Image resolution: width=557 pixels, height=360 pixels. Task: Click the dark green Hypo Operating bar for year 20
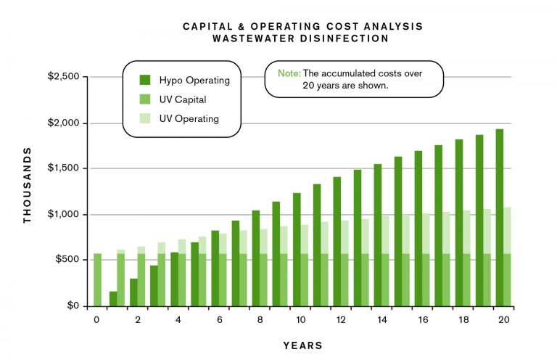pos(499,217)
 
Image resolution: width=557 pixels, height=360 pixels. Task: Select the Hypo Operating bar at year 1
pos(112,298)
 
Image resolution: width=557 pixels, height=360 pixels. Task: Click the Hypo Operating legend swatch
pos(145,80)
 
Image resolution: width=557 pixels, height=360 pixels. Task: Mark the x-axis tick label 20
pos(502,319)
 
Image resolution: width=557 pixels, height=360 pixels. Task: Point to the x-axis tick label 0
pos(95,319)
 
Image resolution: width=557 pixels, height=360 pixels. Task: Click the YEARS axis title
pos(303,345)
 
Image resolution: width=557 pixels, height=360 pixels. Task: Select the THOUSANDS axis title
pos(28,185)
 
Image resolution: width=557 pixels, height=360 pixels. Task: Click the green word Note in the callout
pos(289,73)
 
